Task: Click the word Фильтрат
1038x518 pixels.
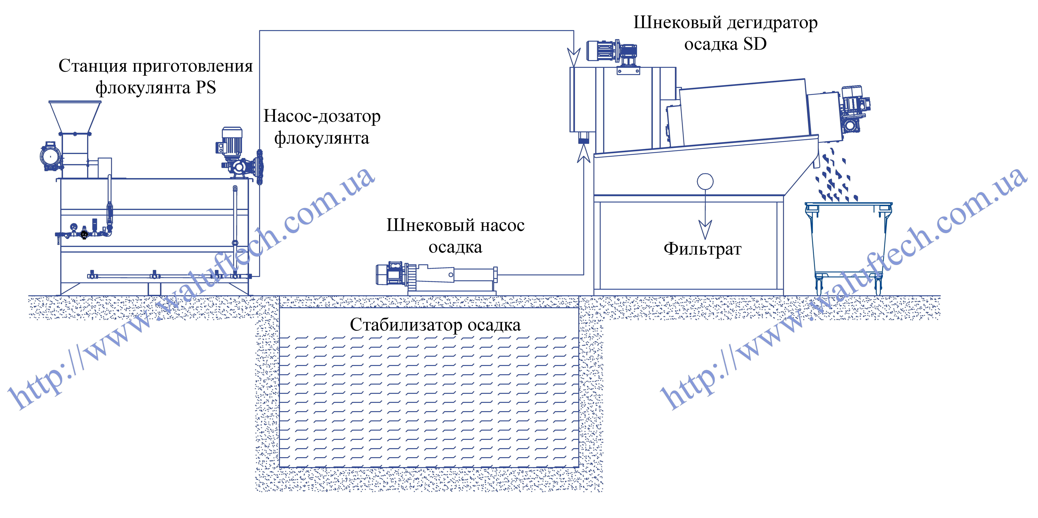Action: [x=702, y=249]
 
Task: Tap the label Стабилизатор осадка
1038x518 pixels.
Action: [x=435, y=325]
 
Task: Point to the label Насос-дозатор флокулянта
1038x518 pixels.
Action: [x=322, y=127]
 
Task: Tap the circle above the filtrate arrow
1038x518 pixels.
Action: [x=705, y=181]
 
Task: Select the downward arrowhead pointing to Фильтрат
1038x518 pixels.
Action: [x=705, y=230]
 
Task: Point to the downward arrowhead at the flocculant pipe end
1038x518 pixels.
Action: [x=574, y=57]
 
